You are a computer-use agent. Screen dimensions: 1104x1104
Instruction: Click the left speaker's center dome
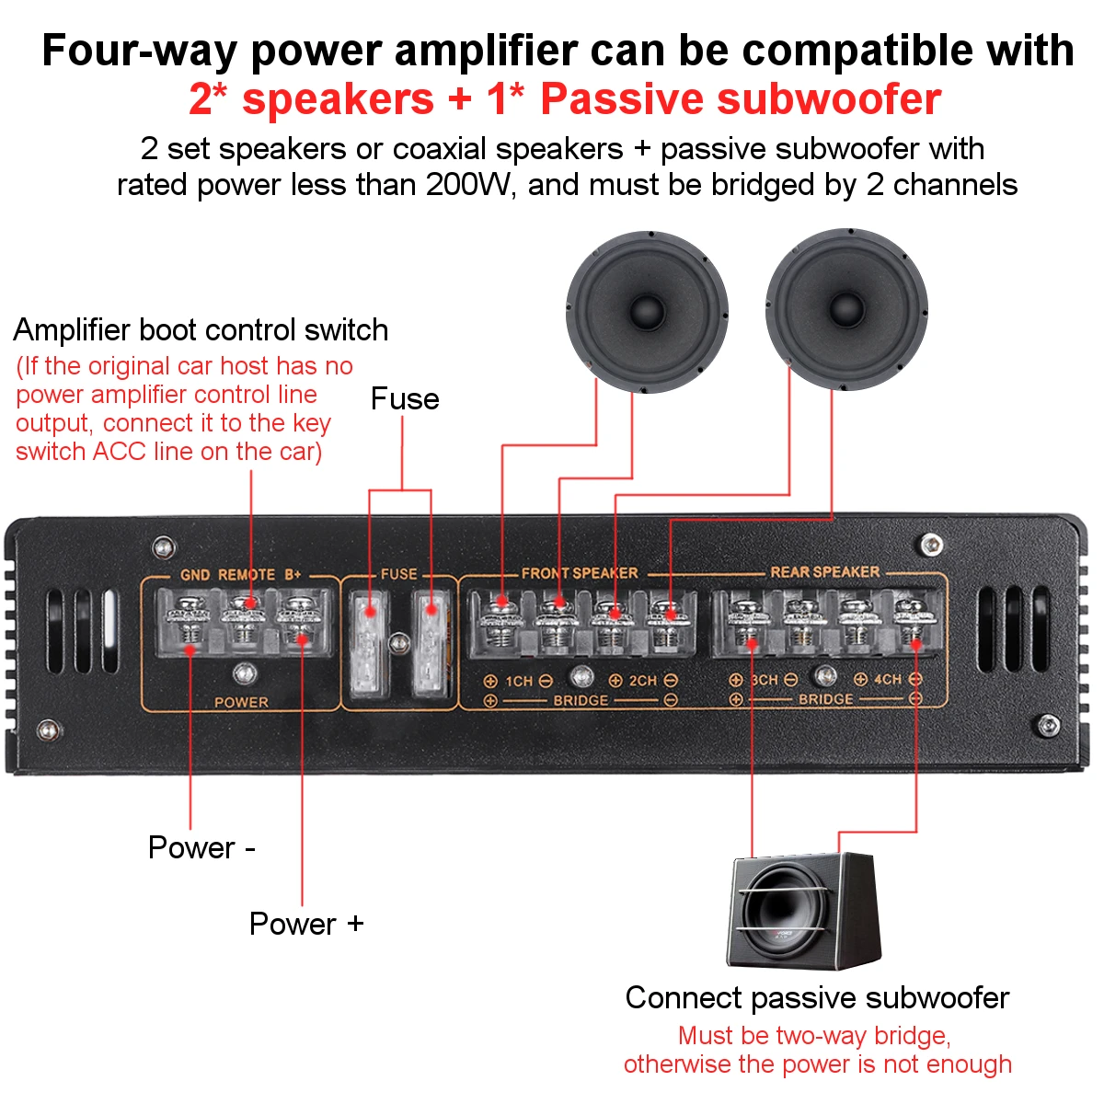[648, 311]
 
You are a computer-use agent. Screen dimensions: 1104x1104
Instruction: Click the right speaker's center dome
[846, 309]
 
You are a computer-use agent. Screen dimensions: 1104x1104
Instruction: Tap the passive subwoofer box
[804, 911]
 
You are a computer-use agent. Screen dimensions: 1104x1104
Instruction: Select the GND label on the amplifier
[195, 575]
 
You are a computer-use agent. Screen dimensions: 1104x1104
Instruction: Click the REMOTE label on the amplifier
[247, 575]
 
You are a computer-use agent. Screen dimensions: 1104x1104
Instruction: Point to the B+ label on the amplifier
[293, 575]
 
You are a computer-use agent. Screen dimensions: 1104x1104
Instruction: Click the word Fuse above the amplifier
[405, 399]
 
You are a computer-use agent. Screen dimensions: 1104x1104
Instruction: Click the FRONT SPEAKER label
[580, 573]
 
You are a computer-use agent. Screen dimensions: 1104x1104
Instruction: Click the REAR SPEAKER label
[825, 572]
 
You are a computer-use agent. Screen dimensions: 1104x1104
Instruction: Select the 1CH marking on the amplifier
[519, 682]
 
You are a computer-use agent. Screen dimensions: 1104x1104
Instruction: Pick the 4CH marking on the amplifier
[887, 680]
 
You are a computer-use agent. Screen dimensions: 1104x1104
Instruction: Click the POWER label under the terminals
[241, 702]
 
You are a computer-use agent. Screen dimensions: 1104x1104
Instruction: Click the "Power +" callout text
[306, 924]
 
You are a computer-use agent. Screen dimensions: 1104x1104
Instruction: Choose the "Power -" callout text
[201, 847]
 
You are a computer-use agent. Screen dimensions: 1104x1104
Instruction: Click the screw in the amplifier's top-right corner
[931, 545]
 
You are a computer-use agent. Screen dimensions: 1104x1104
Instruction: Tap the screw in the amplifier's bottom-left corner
[48, 730]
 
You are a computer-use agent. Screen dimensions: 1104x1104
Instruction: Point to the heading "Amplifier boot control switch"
[201, 330]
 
